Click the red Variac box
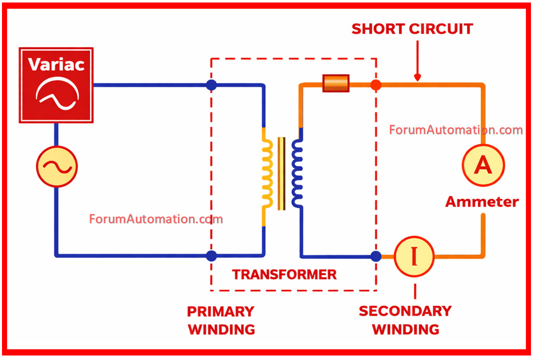[x=56, y=85]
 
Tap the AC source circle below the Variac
[x=57, y=167]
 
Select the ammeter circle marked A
[x=483, y=165]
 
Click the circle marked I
[x=414, y=256]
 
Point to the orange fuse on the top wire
[x=336, y=83]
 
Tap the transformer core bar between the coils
[x=282, y=173]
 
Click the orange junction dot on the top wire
[x=376, y=85]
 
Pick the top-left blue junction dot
[x=211, y=85]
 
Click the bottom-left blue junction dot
[x=211, y=256]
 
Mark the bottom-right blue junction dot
[x=376, y=256]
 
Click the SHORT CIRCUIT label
[x=412, y=29]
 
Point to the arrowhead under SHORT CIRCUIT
[x=417, y=78]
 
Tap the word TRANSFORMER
[x=285, y=274]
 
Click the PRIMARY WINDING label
[x=221, y=320]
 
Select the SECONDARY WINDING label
[x=405, y=320]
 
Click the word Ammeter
[x=482, y=202]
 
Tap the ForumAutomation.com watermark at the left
[x=156, y=219]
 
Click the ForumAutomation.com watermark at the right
[x=455, y=130]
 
